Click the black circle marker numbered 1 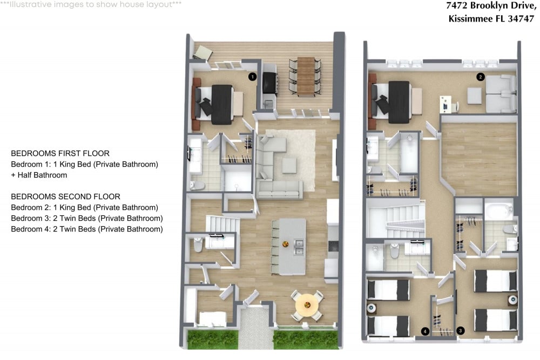click(252, 77)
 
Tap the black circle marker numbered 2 click(481, 77)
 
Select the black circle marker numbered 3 click(461, 331)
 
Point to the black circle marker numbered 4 click(426, 331)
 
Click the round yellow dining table click(307, 304)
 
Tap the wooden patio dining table click(306, 77)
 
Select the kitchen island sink click(299, 247)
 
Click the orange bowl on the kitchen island click(286, 244)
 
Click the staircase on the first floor click(223, 223)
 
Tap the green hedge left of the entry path click(213, 339)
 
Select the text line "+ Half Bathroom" click(39, 175)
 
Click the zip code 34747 click(521, 18)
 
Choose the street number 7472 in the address click(457, 5)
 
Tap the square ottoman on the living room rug click(289, 165)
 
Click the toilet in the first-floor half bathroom click(198, 244)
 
